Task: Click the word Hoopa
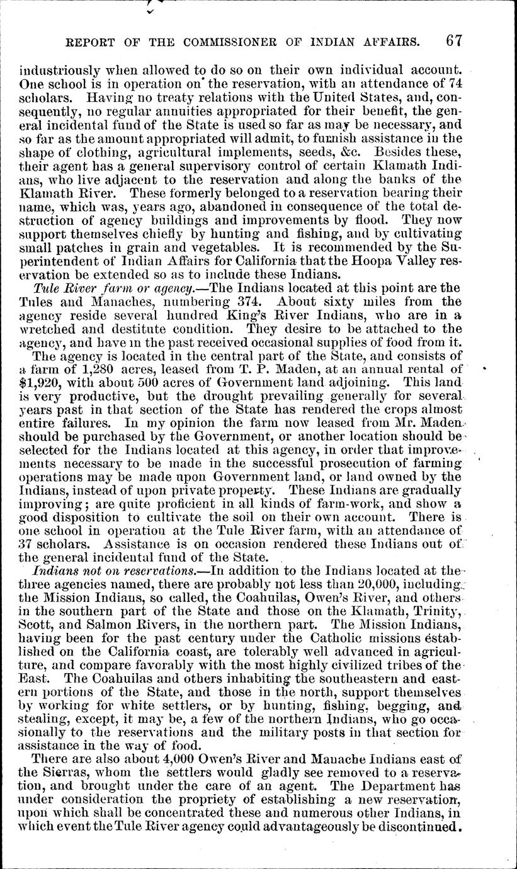point(381,263)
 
